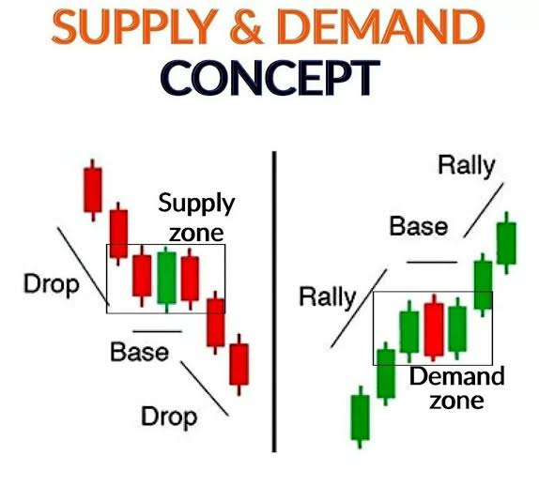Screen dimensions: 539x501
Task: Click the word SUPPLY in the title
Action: pos(135,26)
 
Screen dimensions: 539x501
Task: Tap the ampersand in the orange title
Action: pos(246,26)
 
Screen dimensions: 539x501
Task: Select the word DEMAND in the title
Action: pos(381,26)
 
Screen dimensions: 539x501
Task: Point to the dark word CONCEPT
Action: pos(270,78)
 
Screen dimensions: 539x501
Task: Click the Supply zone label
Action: pos(196,218)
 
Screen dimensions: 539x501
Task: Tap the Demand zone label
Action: pos(457,387)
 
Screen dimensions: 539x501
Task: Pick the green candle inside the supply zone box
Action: pos(167,279)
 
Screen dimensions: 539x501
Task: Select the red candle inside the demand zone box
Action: pos(434,328)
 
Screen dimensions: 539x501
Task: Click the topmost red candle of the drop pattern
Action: pos(92,190)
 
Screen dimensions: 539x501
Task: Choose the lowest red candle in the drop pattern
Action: pos(239,364)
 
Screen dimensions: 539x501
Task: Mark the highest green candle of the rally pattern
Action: pos(506,243)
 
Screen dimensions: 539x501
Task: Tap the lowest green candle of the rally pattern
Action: pos(361,417)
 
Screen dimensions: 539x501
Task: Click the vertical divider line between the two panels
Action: pos(274,302)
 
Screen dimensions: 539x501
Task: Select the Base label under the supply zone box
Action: pos(140,352)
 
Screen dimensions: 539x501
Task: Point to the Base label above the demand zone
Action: pos(419,226)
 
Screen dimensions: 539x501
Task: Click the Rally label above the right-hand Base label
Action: pos(467,165)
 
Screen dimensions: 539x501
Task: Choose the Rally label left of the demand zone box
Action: pos(328,297)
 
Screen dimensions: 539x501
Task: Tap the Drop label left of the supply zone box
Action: pos(52,284)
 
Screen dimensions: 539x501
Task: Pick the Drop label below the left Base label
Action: pos(169,417)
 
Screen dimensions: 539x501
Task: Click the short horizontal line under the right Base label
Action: pos(432,262)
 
